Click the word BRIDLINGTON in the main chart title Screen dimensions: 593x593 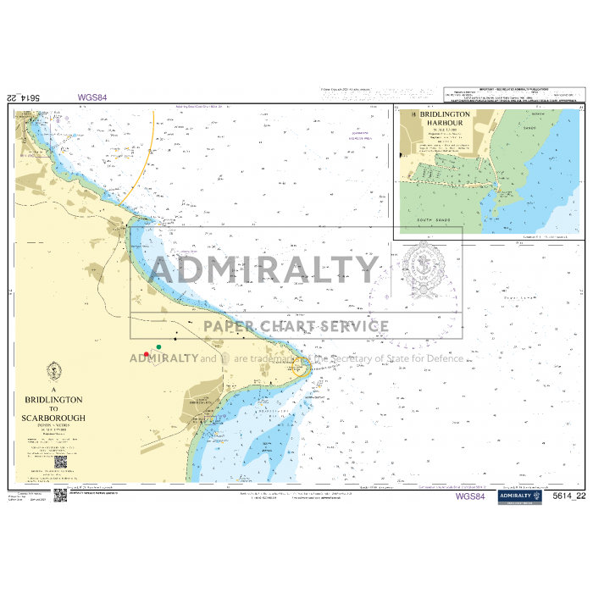click(54, 398)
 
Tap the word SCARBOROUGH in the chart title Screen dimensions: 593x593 click(54, 418)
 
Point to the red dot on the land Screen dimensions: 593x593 click(147, 354)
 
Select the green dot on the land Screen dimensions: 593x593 click(159, 347)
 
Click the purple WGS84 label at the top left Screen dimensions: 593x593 click(92, 97)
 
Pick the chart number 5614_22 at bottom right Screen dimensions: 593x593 click(568, 496)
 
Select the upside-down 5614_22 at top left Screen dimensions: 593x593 click(24, 97)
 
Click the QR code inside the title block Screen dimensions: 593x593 click(61, 463)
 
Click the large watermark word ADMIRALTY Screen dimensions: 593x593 click(263, 270)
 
